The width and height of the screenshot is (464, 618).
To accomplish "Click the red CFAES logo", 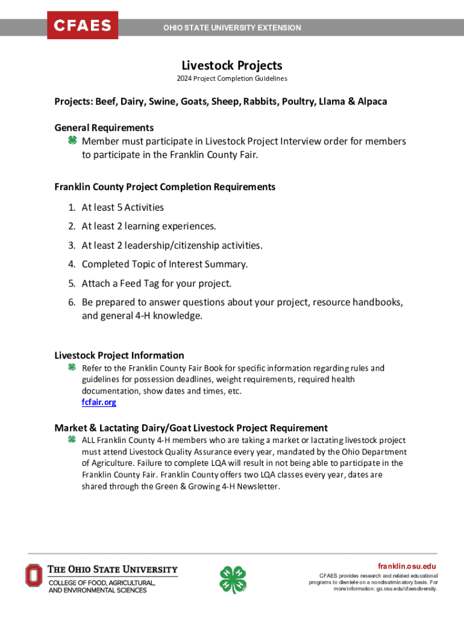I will tap(83, 25).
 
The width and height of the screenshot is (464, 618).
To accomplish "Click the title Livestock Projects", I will tap(232, 65).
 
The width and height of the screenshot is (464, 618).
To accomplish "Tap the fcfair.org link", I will tap(99, 402).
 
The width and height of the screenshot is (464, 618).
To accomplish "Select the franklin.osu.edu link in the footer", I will tap(407, 566).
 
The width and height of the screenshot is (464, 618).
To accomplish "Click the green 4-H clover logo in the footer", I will tap(233, 579).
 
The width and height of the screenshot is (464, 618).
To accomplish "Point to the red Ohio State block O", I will tap(34, 576).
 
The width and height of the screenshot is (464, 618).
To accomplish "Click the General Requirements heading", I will tap(104, 127).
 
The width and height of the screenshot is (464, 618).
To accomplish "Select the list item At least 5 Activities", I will tap(122, 208).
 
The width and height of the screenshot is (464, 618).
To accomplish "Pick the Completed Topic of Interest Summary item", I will tap(165, 264).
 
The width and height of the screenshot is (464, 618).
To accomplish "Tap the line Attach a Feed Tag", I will tap(156, 283).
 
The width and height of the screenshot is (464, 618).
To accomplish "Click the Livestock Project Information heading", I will tap(119, 355).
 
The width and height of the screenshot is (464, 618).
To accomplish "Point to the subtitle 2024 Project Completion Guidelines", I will tap(232, 78).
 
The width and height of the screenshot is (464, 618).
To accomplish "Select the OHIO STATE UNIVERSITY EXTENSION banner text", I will tap(232, 28).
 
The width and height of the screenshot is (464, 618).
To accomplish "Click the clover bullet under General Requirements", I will tap(71, 141).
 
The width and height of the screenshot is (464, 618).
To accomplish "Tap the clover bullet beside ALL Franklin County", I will tap(71, 440).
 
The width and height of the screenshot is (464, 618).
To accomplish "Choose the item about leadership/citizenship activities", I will tap(172, 246).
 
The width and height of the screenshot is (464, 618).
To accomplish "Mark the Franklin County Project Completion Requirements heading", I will tap(165, 187).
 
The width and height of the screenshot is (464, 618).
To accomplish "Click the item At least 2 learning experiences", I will tap(148, 226).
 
